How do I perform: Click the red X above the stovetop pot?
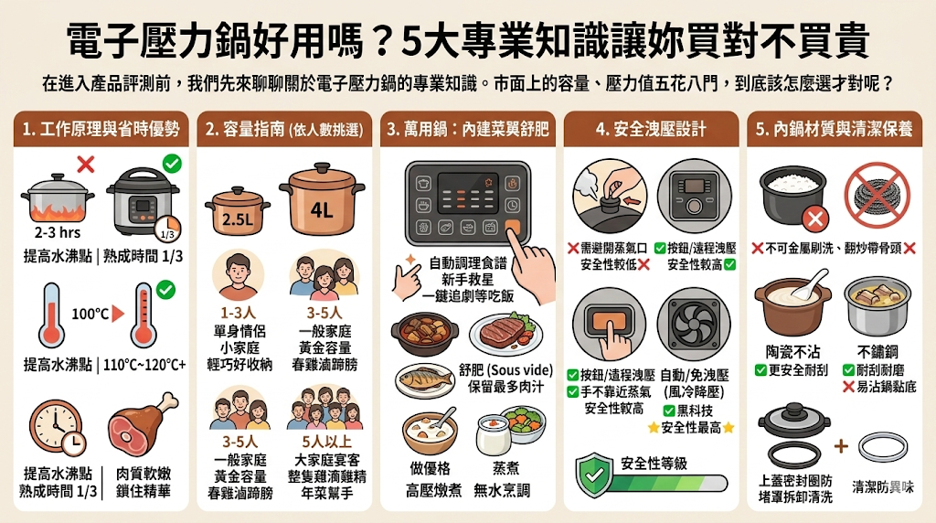[x=86, y=165]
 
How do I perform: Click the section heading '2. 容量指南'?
[x=284, y=129]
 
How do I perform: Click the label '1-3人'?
[x=236, y=313]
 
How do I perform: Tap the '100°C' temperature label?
[x=90, y=314]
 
